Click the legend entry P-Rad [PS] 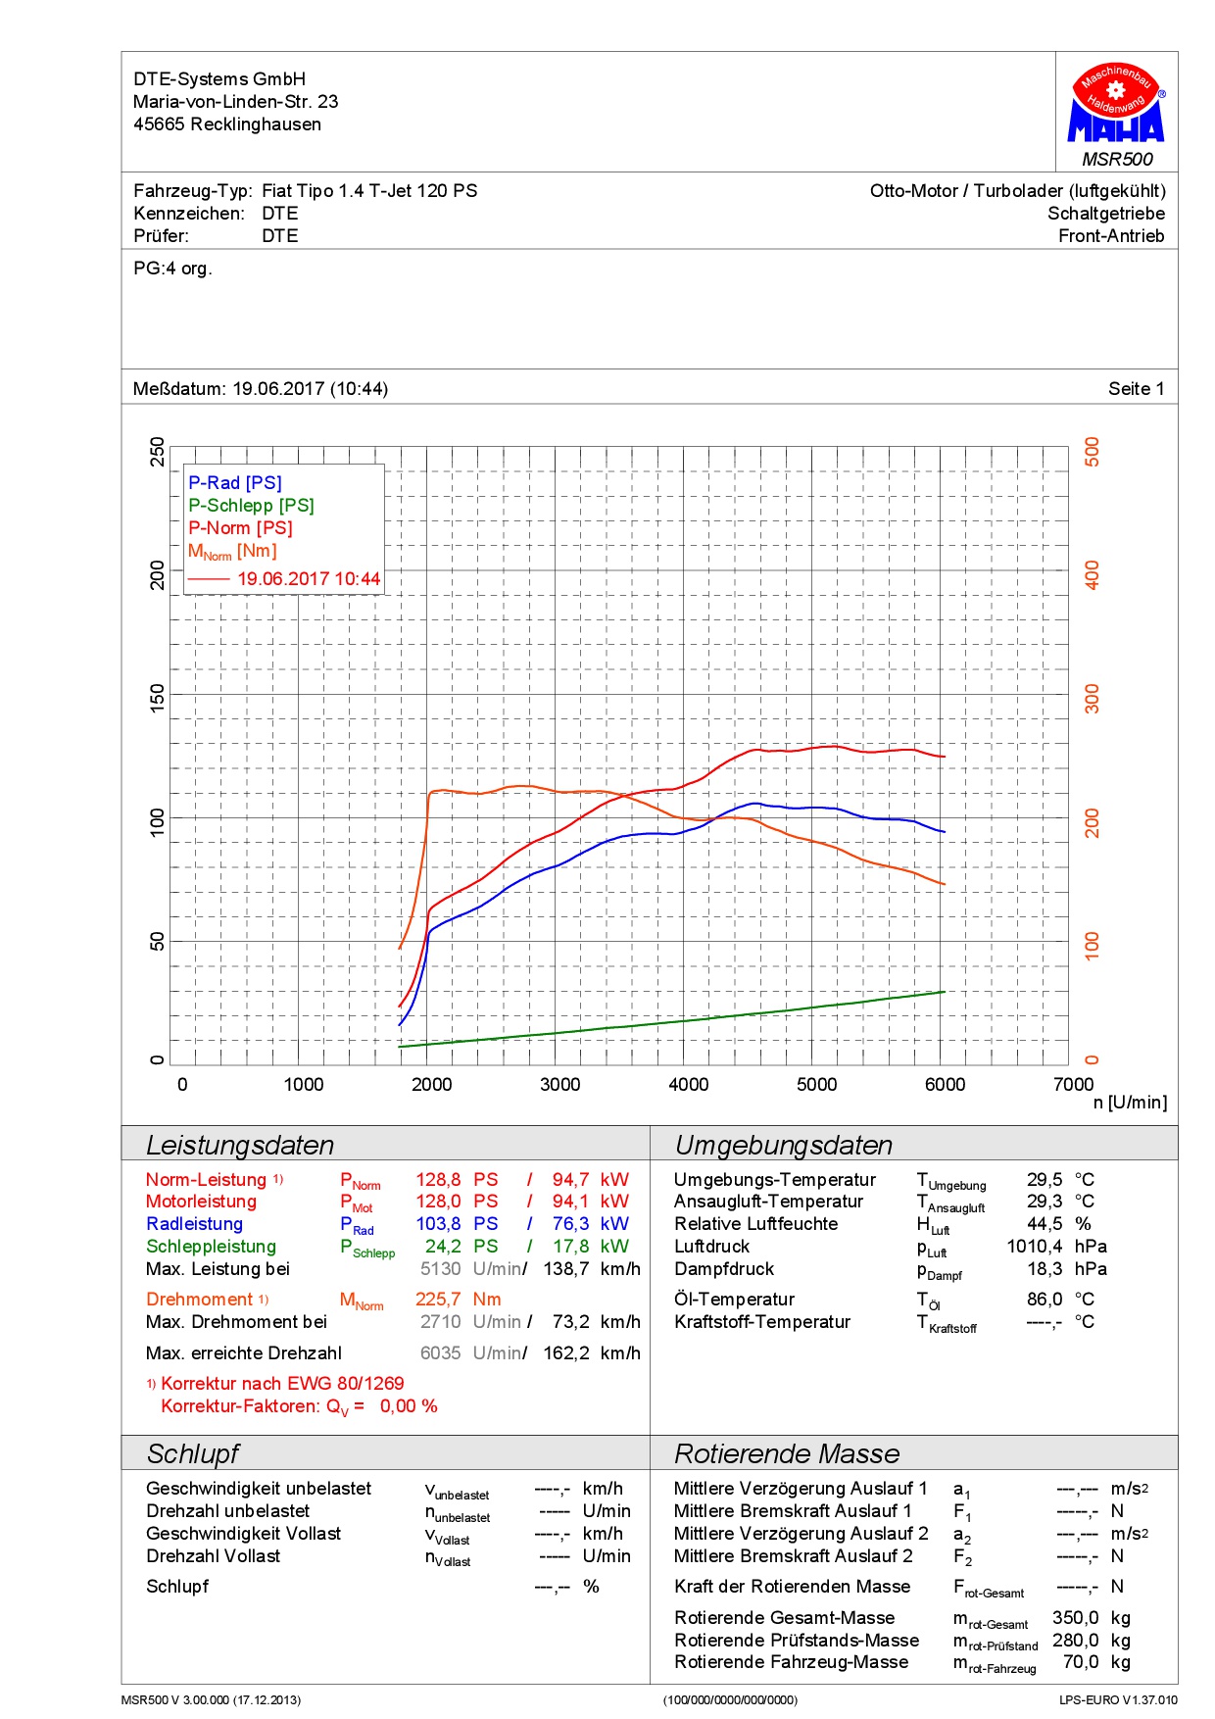(x=235, y=483)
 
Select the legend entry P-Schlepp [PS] (x=251, y=506)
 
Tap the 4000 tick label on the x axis (x=688, y=1084)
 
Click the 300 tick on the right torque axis (x=1092, y=699)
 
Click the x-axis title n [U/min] (x=1130, y=1104)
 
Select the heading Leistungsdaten (x=240, y=1145)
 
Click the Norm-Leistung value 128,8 (x=438, y=1180)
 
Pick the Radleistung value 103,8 (x=438, y=1224)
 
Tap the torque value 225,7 (x=438, y=1300)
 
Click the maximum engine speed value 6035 (x=440, y=1353)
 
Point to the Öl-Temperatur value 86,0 (x=1044, y=1300)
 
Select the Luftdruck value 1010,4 (x=1034, y=1247)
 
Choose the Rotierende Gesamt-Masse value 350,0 (x=1075, y=1618)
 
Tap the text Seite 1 (x=1136, y=389)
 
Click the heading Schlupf (x=193, y=1453)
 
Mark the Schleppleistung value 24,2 (x=443, y=1247)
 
